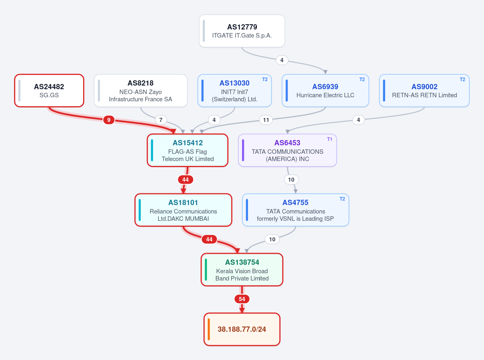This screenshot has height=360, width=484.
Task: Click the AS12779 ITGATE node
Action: point(242,31)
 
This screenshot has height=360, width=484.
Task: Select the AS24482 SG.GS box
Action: point(49,91)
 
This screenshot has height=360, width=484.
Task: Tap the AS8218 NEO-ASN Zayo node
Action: point(140,91)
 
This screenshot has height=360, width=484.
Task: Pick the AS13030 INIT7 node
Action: point(235,91)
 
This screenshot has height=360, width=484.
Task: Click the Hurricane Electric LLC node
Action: point(325,91)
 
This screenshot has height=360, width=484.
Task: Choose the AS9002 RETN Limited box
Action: point(424,91)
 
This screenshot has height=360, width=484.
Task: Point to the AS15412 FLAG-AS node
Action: point(188,150)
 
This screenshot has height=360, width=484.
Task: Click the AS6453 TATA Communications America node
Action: point(288,150)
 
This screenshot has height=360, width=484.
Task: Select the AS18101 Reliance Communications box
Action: point(183,210)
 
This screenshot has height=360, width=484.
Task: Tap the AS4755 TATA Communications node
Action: point(296,210)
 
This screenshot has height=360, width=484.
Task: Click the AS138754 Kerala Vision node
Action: point(242,270)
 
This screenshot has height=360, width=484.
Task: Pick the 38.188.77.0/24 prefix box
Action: point(242,329)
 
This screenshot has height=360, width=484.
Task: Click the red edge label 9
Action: point(108,120)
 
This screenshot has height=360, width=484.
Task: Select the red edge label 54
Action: point(242,299)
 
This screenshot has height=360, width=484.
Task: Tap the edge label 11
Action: point(266,120)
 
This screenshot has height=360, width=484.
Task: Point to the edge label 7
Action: point(161,120)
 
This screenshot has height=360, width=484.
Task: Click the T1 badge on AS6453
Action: point(330,139)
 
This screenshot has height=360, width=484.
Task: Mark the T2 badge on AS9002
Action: point(462,80)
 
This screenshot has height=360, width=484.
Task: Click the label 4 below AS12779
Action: point(282,60)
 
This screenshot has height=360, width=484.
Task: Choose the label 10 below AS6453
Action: point(291,180)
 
